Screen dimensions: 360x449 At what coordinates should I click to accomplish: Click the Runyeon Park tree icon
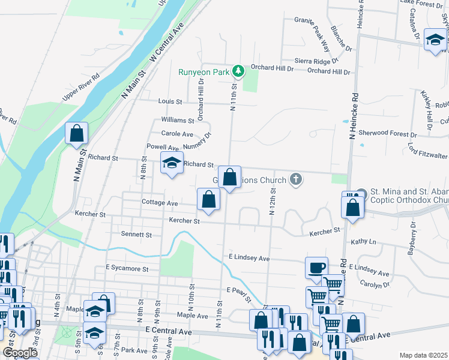point(239,71)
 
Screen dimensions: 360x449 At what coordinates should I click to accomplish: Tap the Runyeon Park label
point(205,72)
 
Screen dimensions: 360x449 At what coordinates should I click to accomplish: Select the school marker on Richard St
point(172,163)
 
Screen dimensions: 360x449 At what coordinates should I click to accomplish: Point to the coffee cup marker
point(316,268)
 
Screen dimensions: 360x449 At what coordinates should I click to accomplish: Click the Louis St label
point(170,102)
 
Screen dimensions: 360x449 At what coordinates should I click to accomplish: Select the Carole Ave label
point(177,134)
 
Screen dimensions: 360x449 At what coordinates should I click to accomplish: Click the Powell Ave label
point(163,147)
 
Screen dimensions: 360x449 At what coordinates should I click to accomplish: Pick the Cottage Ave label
point(160,203)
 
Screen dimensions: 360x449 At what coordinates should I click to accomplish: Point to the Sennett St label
point(136,234)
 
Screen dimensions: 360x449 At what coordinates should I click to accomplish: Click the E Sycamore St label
point(127,268)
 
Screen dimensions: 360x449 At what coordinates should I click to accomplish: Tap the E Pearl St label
point(238,290)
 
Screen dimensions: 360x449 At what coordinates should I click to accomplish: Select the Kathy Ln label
point(363,242)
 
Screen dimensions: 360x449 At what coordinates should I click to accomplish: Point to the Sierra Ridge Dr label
point(317,61)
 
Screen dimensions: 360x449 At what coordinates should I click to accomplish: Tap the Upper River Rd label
point(80,88)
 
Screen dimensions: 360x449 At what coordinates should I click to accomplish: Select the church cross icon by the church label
point(295,179)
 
